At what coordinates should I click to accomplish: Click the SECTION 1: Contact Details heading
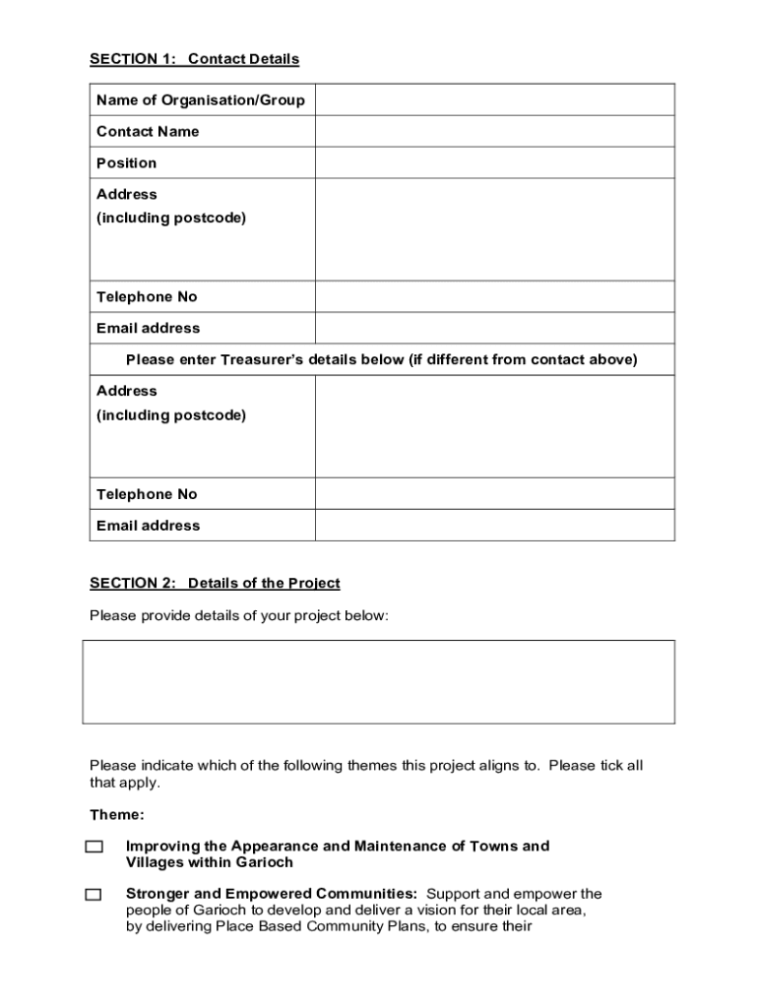pyautogui.click(x=194, y=59)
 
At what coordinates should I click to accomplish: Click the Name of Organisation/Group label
pyautogui.click(x=200, y=99)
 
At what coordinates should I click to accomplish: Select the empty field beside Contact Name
pyautogui.click(x=494, y=131)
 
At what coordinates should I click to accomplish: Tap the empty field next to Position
pyautogui.click(x=494, y=162)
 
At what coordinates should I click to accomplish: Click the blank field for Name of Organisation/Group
pyautogui.click(x=494, y=99)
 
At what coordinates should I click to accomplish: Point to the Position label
pyautogui.click(x=126, y=162)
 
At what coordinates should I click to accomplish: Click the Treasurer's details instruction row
pyautogui.click(x=382, y=359)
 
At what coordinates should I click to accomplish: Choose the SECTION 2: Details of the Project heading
pyautogui.click(x=215, y=583)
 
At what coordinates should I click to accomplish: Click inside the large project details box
pyautogui.click(x=378, y=681)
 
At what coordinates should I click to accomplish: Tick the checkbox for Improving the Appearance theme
pyautogui.click(x=94, y=847)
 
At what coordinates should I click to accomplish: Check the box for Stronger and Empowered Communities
pyautogui.click(x=94, y=895)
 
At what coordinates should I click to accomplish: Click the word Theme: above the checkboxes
pyautogui.click(x=117, y=814)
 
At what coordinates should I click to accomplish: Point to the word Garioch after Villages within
pyautogui.click(x=265, y=862)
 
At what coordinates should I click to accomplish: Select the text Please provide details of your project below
pyautogui.click(x=239, y=615)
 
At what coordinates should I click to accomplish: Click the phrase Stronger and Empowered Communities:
pyautogui.click(x=272, y=894)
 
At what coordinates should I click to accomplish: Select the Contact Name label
pyautogui.click(x=148, y=131)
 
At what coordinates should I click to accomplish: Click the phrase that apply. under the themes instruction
pyautogui.click(x=124, y=783)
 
